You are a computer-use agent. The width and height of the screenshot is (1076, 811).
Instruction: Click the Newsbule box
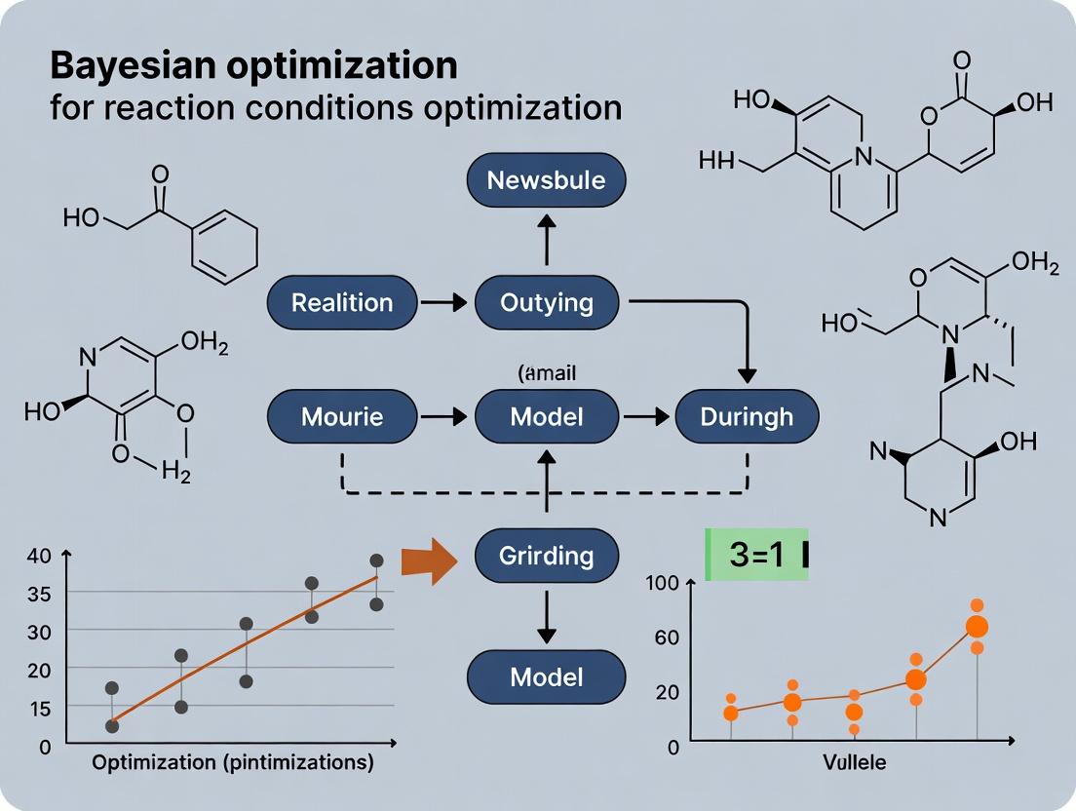tap(546, 180)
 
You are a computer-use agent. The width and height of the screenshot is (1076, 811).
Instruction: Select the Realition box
tap(342, 302)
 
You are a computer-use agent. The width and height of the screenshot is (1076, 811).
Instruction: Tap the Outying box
tap(546, 302)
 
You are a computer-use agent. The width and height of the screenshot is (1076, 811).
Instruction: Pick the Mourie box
tap(342, 417)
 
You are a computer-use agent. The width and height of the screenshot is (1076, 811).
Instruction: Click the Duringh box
tap(748, 417)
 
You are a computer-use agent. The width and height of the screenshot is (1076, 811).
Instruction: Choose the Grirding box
tap(546, 556)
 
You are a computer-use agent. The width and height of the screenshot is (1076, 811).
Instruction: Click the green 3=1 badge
tap(757, 554)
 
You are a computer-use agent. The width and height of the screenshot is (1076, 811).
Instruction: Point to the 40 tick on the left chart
tap(39, 557)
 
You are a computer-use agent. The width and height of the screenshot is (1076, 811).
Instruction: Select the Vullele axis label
tap(854, 763)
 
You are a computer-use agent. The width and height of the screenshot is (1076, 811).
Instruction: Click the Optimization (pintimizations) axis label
tap(233, 763)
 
